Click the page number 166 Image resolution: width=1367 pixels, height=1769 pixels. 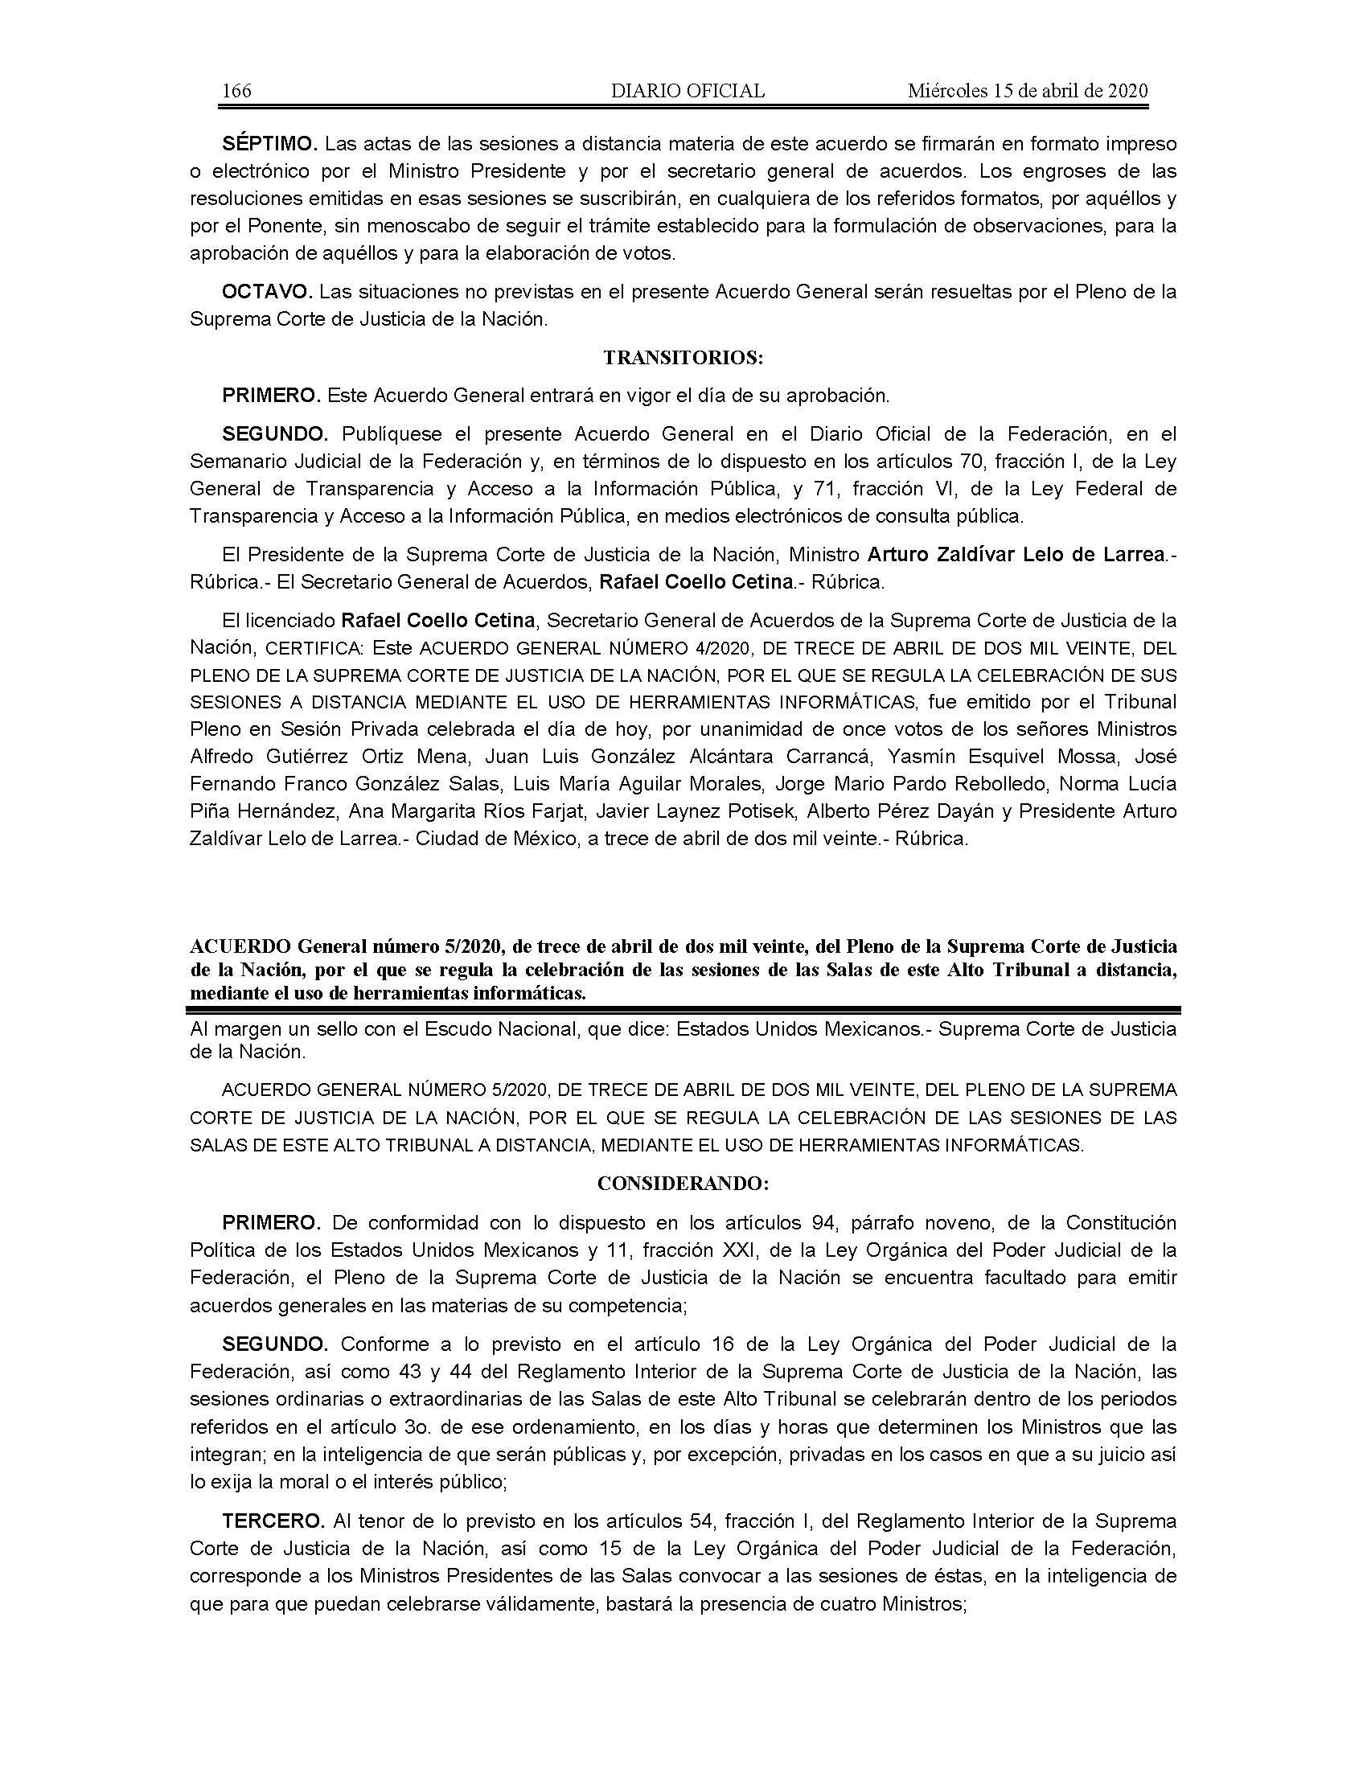tap(236, 91)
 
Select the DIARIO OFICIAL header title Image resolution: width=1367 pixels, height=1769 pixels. tap(688, 91)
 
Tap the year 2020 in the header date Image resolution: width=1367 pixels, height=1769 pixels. tap(1127, 91)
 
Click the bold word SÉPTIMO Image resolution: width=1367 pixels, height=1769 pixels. tap(268, 144)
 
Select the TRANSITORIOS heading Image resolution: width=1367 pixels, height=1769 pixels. tap(683, 357)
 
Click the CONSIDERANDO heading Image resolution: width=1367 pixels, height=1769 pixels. tap(683, 1184)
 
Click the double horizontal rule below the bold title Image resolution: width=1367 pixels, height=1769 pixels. tap(683, 1010)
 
